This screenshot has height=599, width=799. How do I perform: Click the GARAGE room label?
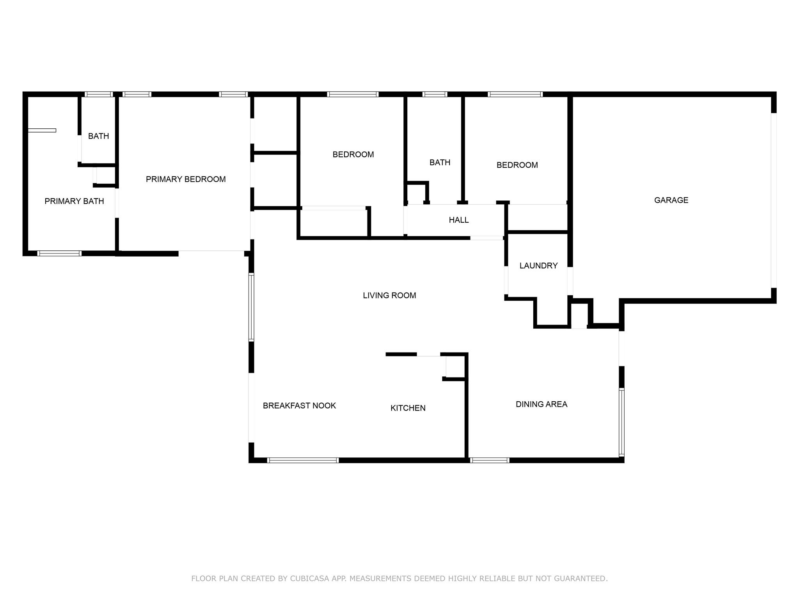coord(671,200)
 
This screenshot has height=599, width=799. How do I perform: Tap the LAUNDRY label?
coord(538,266)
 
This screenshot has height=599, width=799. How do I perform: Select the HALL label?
coord(459,220)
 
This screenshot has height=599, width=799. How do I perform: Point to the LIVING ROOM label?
coord(389,296)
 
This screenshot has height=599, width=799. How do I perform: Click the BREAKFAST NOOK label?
coord(299,406)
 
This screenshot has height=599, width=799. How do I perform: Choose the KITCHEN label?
coord(408,408)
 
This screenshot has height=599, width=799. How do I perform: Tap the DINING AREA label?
coord(542,404)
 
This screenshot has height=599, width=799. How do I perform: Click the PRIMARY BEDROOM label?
coord(186,179)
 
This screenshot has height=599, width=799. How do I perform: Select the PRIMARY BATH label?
coord(74,201)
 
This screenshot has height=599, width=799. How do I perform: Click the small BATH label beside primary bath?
coord(98,136)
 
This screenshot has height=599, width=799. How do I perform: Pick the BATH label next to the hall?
coord(440,162)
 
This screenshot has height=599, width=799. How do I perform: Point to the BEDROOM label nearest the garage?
coord(517,165)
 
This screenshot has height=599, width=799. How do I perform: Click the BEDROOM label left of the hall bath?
coord(353,154)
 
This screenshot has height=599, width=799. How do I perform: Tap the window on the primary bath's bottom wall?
coord(59,253)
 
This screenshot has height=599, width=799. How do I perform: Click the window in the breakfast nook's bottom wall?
coord(303,461)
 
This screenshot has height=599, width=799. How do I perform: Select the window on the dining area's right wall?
coord(621,422)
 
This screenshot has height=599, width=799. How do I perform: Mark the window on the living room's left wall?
coord(252,307)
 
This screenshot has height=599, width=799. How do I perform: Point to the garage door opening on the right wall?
coord(774,200)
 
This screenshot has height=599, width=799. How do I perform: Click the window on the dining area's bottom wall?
coord(490,461)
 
